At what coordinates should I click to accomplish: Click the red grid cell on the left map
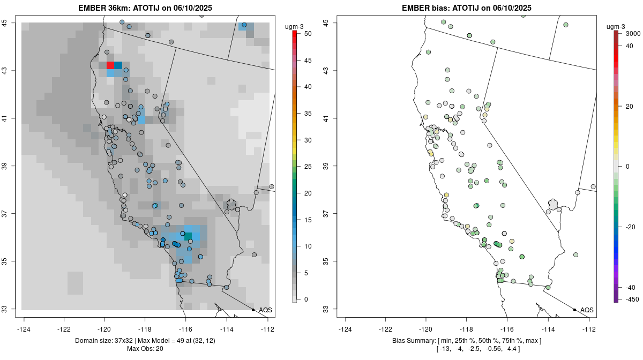(110, 65)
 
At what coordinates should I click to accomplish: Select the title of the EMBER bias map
(466, 8)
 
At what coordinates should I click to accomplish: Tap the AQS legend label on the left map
(265, 310)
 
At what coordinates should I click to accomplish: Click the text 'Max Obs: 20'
(145, 349)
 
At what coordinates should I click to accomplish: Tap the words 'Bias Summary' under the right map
(412, 341)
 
